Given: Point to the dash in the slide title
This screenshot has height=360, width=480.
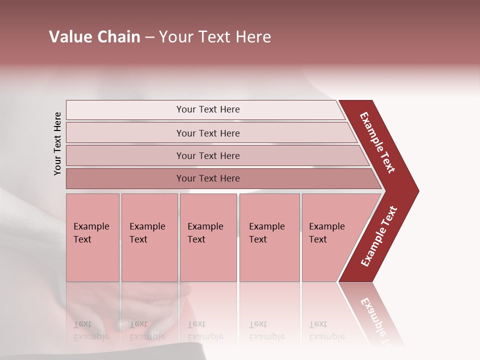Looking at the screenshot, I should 149,37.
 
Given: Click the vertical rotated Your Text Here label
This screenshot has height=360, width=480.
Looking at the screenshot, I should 57,143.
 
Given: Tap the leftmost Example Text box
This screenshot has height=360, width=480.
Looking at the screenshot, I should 92,237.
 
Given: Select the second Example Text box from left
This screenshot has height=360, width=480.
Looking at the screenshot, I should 149,237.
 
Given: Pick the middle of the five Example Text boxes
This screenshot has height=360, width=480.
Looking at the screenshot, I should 208,237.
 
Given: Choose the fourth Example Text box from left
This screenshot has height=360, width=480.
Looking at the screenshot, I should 269,237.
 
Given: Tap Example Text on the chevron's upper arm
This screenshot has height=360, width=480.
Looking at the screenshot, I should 377,142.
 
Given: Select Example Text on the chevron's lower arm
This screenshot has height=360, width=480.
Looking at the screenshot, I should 378,236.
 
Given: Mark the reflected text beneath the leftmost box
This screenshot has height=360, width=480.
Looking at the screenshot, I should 91,330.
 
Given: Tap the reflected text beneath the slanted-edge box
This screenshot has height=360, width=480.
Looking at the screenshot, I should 326,330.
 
